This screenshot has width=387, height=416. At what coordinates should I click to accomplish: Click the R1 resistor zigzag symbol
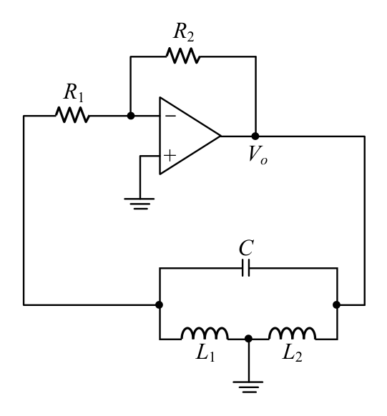pos(72,115)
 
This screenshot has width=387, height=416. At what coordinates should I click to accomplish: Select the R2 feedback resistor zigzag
pos(183,56)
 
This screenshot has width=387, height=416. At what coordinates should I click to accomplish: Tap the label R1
pos(74,93)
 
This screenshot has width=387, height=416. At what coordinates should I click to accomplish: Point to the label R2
pos(184,32)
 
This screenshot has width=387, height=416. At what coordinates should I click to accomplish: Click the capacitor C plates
pos(246,268)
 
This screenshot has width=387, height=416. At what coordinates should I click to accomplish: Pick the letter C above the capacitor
pos(246,248)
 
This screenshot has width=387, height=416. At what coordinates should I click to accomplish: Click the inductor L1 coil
pos(205,334)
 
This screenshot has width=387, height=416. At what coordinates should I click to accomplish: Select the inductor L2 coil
pos(293,334)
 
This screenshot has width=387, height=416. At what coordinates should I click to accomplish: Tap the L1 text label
pos(205,353)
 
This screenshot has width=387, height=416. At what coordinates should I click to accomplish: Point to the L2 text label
pos(293,353)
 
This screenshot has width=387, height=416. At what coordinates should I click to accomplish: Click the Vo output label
pos(258,154)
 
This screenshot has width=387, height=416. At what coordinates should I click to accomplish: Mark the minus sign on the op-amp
pos(170,116)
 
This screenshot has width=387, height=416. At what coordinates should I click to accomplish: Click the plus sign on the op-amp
pos(170,156)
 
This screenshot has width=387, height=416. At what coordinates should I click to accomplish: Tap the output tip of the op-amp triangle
pos(221,136)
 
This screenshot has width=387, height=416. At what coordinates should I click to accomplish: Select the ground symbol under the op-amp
pos(139,204)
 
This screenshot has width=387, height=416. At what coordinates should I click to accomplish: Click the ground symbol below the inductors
pos(248,387)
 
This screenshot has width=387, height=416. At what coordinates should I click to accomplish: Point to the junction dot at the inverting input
pos(131,116)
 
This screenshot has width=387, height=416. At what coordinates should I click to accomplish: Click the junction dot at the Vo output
pos(255,136)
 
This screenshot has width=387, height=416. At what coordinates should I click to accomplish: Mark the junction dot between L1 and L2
pos(248,339)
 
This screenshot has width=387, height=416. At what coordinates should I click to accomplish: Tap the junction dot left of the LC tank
pos(160,304)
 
